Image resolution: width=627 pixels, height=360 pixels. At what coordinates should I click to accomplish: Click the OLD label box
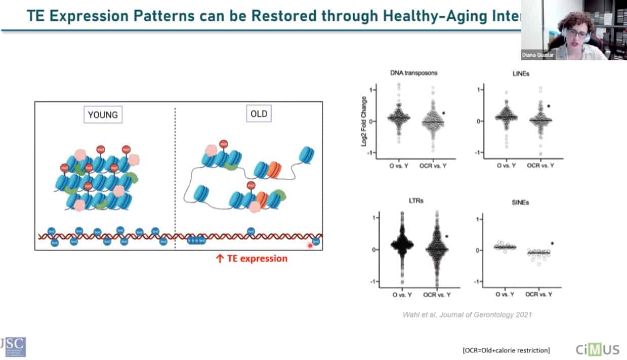259,114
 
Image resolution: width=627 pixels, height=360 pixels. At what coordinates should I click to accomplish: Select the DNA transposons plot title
414,73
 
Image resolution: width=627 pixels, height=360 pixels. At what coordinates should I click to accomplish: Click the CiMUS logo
598,349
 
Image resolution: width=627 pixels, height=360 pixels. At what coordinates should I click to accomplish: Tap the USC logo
13,347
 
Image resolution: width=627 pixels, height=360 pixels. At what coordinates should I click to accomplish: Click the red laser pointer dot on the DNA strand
311,246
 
